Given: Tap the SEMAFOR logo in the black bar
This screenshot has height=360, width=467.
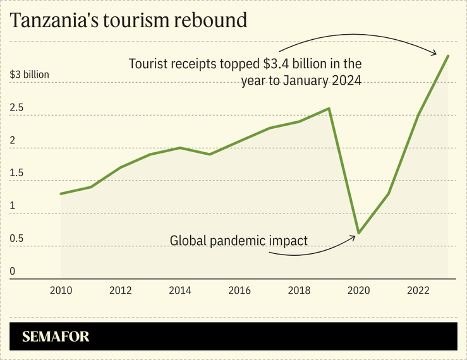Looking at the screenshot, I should [56, 337].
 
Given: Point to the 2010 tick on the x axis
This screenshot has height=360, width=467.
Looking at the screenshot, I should [61, 291].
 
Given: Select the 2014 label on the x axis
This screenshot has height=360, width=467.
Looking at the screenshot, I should [180, 291].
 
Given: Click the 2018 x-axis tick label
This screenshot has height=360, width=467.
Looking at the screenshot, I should [299, 291].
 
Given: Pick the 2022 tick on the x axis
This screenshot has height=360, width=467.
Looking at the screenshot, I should [418, 291].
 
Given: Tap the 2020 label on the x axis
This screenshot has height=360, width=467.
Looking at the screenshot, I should [359, 291].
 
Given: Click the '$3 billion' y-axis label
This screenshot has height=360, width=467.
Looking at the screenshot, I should [30, 75].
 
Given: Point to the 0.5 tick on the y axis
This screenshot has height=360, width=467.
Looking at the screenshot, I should [16, 239].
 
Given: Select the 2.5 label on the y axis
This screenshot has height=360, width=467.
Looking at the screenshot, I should [16, 108].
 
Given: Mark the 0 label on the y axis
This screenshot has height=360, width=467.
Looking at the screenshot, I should [13, 272].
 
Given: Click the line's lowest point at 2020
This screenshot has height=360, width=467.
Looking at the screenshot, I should [359, 233].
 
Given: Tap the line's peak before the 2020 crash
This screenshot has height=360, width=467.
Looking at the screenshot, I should [329, 109].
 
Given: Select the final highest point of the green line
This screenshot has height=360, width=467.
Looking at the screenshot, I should [448, 56].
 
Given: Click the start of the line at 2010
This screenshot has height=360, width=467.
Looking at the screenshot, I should [61, 193].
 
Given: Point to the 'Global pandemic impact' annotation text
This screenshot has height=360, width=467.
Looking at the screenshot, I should [239, 241].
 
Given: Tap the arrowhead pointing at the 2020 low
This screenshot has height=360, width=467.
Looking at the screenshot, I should [353, 237].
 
